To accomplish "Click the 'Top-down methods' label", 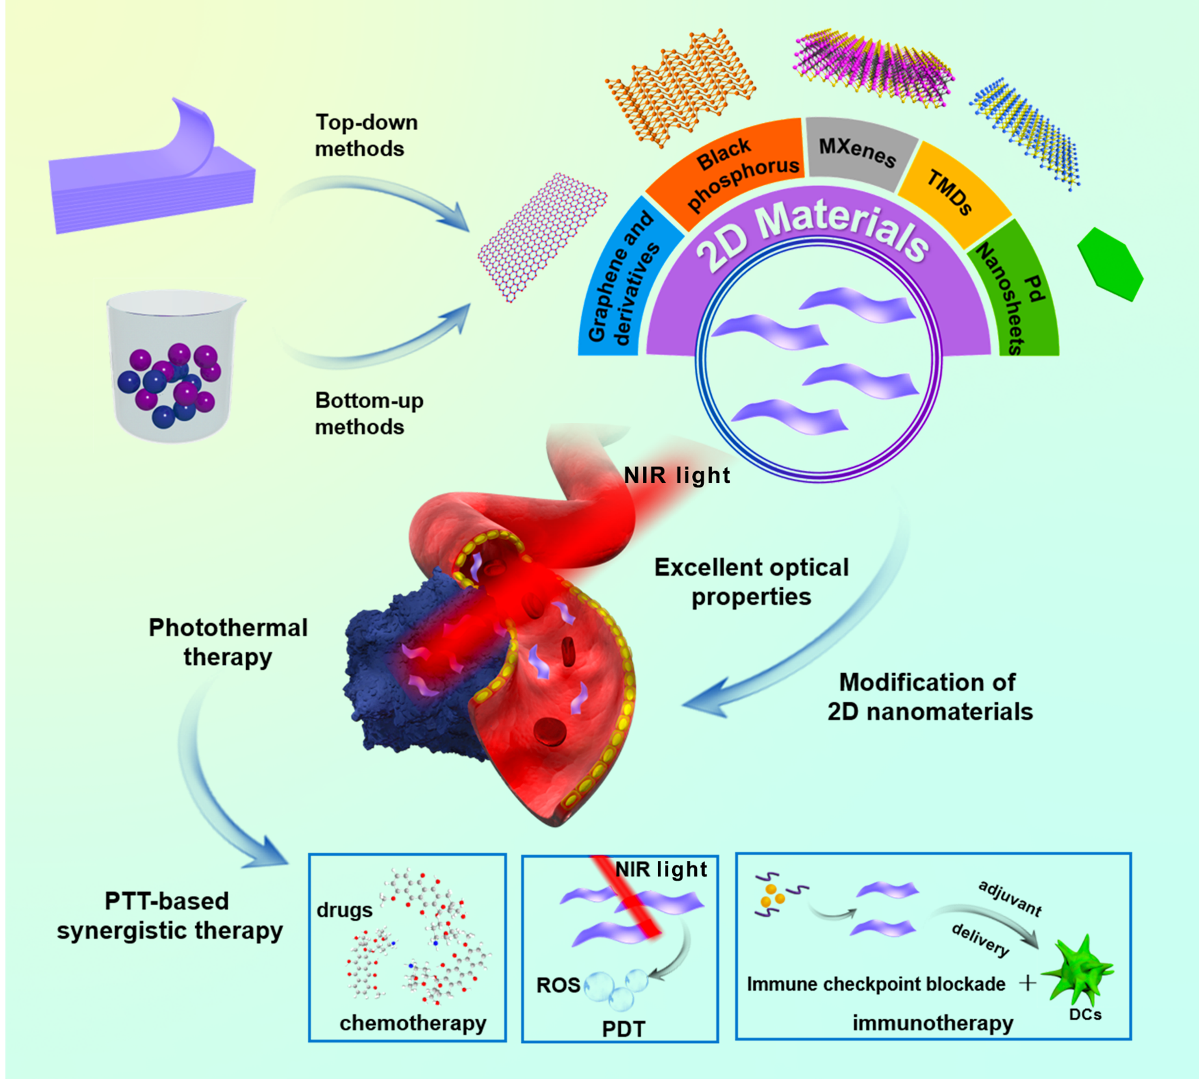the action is (366, 135).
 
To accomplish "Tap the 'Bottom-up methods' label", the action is (369, 413).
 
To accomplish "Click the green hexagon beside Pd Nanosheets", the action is (1110, 264).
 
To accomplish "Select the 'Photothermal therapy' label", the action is (228, 642).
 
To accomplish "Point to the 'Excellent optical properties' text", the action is (752, 582).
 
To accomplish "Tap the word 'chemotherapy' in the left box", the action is (413, 1023).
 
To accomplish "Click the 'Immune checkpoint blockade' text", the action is (876, 984).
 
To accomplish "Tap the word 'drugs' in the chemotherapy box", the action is (344, 909).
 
